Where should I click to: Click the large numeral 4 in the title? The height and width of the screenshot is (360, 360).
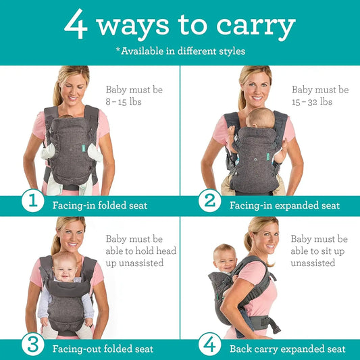point(77,25)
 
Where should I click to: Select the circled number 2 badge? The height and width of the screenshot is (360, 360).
point(210,201)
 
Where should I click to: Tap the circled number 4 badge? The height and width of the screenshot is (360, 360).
point(210,344)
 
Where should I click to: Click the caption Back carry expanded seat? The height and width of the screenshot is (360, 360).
point(287,349)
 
